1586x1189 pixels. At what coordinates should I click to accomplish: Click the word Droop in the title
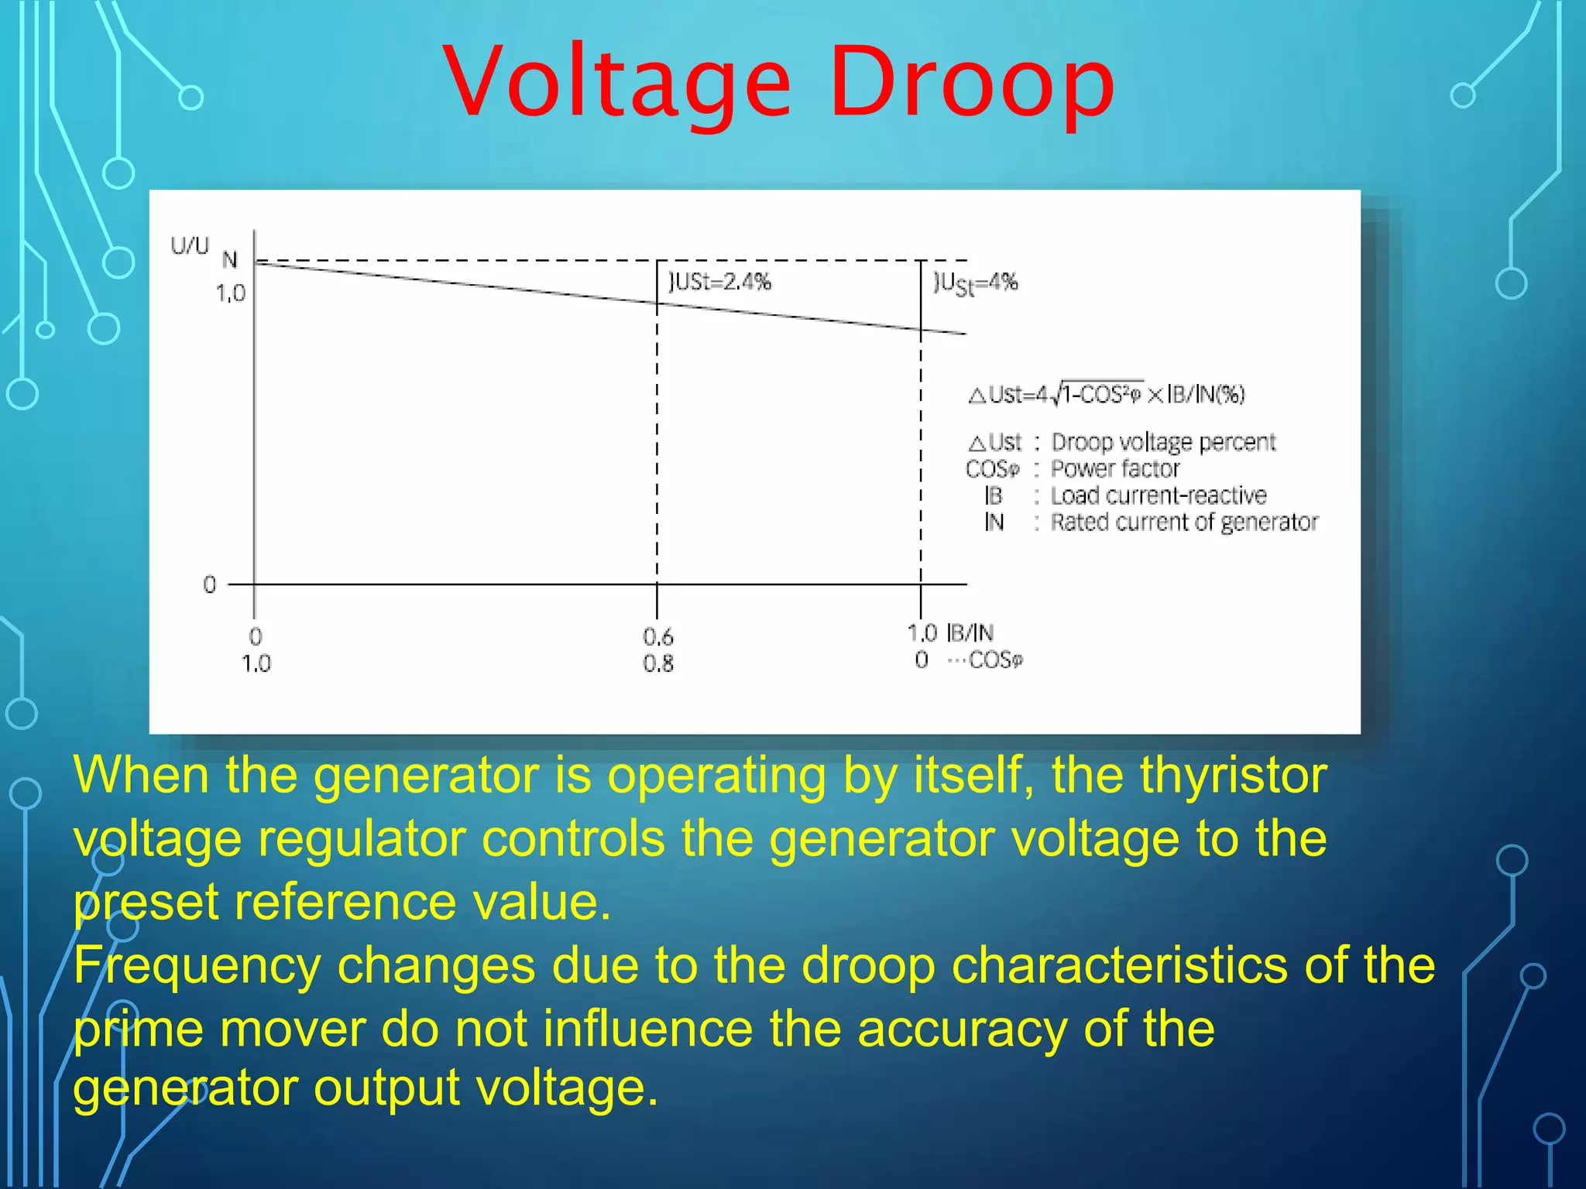point(972,84)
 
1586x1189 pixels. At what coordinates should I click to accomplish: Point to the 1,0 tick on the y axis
point(230,293)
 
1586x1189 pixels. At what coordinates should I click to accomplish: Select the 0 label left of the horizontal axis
point(209,584)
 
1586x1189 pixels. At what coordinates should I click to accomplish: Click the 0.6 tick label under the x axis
point(657,637)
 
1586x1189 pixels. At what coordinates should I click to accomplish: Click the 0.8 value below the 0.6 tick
point(657,663)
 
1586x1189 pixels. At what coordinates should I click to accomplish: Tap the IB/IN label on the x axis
point(970,633)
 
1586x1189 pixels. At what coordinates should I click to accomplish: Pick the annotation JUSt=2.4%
point(720,282)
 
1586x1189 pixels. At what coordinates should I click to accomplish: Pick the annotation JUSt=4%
point(976,283)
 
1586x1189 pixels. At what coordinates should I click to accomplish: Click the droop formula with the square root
point(1107,395)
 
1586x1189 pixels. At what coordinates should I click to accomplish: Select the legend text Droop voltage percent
point(1162,442)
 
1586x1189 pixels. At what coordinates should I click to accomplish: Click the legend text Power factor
point(1114,469)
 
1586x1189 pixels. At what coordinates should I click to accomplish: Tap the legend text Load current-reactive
point(1158,495)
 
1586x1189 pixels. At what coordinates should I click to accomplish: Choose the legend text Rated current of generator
point(1183,523)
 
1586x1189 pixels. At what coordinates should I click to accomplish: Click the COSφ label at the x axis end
point(995,660)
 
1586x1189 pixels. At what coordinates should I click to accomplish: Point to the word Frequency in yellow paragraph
point(197,966)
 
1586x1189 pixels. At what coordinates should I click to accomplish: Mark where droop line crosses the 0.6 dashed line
point(657,303)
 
